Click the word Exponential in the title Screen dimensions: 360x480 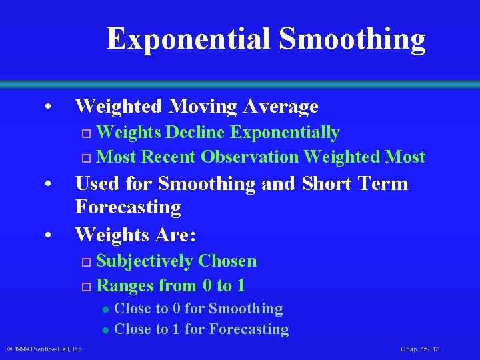coord(189,39)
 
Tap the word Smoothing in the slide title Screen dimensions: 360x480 coord(352,39)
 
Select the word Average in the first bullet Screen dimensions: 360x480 coord(281,106)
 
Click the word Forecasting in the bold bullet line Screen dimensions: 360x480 coord(128,207)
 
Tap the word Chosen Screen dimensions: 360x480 coord(227,261)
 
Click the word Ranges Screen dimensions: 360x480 coord(125,286)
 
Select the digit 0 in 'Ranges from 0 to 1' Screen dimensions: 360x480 coord(205,287)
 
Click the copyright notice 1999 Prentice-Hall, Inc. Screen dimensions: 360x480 coord(45,349)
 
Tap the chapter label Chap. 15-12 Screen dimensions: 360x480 coord(419,349)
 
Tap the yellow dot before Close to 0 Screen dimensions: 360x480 coord(105,309)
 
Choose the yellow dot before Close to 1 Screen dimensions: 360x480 coord(105,330)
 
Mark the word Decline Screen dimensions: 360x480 coord(195,133)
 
